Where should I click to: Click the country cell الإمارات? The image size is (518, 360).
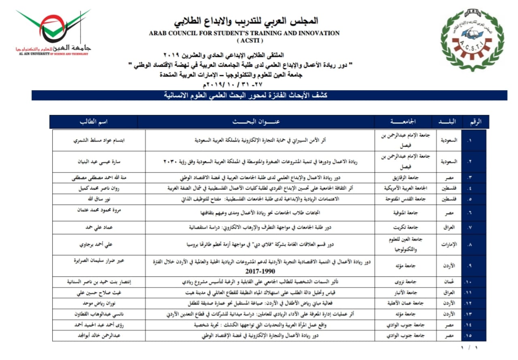click(448, 245)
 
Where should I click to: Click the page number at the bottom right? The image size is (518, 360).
click(469, 347)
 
